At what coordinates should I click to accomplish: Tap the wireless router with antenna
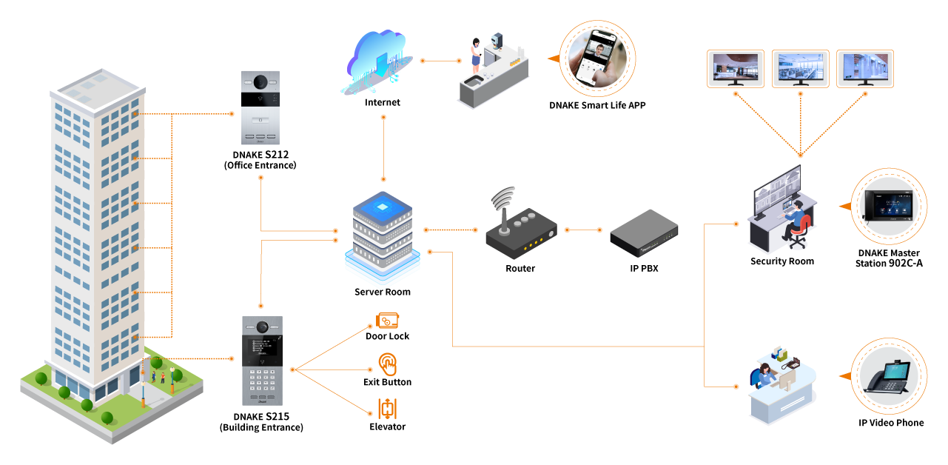pyautogui.click(x=520, y=227)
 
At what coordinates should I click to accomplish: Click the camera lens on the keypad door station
pyautogui.click(x=262, y=327)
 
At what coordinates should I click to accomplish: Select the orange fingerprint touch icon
pyautogui.click(x=387, y=364)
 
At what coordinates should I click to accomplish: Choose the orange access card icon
pyautogui.click(x=388, y=321)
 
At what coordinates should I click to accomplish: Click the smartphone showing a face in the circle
pyautogui.click(x=596, y=58)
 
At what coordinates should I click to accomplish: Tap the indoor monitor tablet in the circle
pyautogui.click(x=889, y=206)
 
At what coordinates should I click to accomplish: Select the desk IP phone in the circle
pyautogui.click(x=888, y=376)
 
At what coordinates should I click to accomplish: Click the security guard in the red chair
pyautogui.click(x=796, y=222)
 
